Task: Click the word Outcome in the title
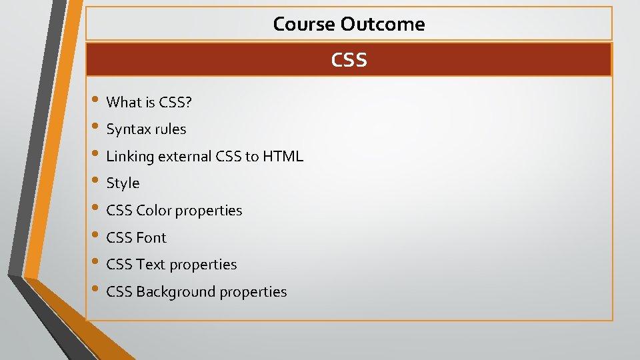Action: [x=383, y=24]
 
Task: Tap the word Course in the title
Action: [x=305, y=24]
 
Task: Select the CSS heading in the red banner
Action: [x=349, y=60]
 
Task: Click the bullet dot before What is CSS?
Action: [x=96, y=101]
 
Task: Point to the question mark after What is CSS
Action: [x=189, y=102]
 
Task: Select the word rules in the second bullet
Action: [x=169, y=129]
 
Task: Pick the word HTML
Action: [x=283, y=157]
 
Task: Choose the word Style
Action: [x=123, y=183]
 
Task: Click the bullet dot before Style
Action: [x=96, y=182]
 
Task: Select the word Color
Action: [x=153, y=211]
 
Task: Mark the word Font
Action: [x=151, y=237]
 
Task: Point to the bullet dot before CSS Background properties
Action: [x=96, y=290]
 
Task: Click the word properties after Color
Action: [x=209, y=211]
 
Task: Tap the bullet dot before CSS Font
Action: [x=96, y=236]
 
